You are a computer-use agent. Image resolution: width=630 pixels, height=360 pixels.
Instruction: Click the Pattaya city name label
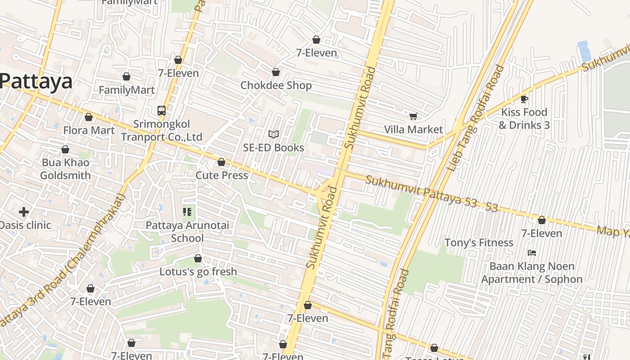point(36,82)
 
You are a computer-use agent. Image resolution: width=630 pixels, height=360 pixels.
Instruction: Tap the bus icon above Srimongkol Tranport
point(161,110)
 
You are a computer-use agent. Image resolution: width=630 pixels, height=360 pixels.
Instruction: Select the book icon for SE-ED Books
point(273,134)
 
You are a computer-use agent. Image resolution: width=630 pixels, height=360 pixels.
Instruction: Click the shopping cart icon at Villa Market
point(413,116)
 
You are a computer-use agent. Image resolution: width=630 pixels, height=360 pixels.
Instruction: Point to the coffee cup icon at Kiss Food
point(524,99)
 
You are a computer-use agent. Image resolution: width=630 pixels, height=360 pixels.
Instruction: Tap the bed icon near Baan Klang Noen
point(531,253)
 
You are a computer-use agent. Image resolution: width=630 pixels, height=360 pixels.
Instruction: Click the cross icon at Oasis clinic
point(24,211)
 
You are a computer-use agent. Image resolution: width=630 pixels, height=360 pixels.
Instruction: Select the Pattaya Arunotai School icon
point(187,211)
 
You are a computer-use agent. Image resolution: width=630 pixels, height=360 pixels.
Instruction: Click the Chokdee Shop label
point(276,85)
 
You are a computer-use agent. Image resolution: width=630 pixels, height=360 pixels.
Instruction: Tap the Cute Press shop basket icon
point(221,162)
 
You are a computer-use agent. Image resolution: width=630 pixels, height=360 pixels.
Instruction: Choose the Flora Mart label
point(89,130)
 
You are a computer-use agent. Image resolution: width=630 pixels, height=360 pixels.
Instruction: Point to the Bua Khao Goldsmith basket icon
point(65,149)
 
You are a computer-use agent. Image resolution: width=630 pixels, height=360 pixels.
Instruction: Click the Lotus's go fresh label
point(198,272)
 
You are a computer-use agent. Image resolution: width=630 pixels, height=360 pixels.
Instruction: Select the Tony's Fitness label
point(478,243)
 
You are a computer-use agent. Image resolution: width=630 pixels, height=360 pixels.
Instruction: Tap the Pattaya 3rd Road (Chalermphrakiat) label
point(63,261)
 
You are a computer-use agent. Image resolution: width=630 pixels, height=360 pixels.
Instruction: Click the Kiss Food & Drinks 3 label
point(524,118)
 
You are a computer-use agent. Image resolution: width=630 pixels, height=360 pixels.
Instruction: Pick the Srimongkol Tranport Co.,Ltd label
point(161,130)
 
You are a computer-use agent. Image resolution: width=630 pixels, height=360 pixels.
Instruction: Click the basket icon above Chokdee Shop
point(275,72)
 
